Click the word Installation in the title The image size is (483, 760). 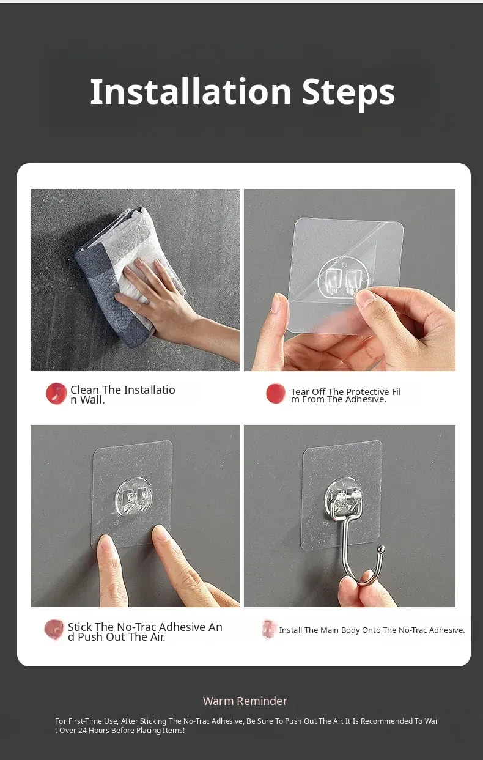(x=191, y=91)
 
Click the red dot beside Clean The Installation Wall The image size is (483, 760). (x=56, y=394)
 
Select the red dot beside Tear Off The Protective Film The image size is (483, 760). (x=275, y=394)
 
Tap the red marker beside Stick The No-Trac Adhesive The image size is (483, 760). (x=54, y=629)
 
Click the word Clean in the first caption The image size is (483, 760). (x=84, y=390)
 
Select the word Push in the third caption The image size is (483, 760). (x=90, y=637)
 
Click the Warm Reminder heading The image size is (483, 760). (x=245, y=701)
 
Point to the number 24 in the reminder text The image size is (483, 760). (x=83, y=730)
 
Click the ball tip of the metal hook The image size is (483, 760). (x=382, y=548)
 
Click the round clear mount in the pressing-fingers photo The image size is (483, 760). (x=134, y=495)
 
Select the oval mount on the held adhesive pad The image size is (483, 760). (x=343, y=276)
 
